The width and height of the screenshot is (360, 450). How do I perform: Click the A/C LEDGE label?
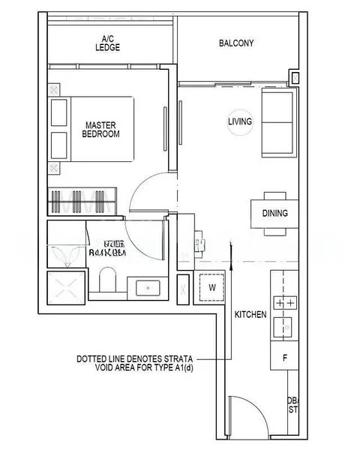111,43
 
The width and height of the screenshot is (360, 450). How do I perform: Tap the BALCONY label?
236,43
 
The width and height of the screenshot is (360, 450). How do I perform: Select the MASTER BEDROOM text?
102,129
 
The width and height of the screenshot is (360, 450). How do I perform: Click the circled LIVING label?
240,121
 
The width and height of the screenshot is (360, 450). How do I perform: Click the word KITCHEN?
250,314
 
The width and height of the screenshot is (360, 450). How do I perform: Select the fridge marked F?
285,358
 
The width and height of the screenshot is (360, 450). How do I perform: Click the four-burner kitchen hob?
285,303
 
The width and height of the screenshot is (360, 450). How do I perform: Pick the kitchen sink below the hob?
285,327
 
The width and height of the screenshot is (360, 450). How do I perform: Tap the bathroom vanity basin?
148,287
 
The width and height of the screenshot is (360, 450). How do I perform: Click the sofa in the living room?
277,121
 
